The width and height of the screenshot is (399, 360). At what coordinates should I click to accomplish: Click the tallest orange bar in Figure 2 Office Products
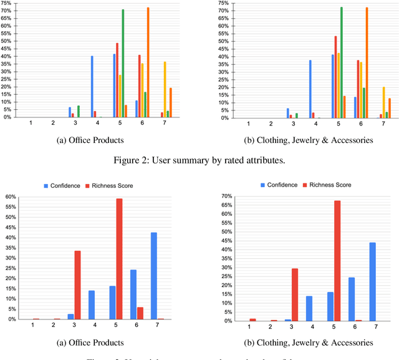(148, 62)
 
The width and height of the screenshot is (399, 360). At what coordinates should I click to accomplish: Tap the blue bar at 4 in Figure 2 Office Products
(92, 87)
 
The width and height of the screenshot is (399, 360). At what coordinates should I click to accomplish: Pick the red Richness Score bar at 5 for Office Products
(119, 259)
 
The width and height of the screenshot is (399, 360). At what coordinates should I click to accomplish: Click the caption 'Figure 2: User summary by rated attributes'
(199, 160)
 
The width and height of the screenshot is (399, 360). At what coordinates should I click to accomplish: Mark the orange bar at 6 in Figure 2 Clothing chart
(366, 62)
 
